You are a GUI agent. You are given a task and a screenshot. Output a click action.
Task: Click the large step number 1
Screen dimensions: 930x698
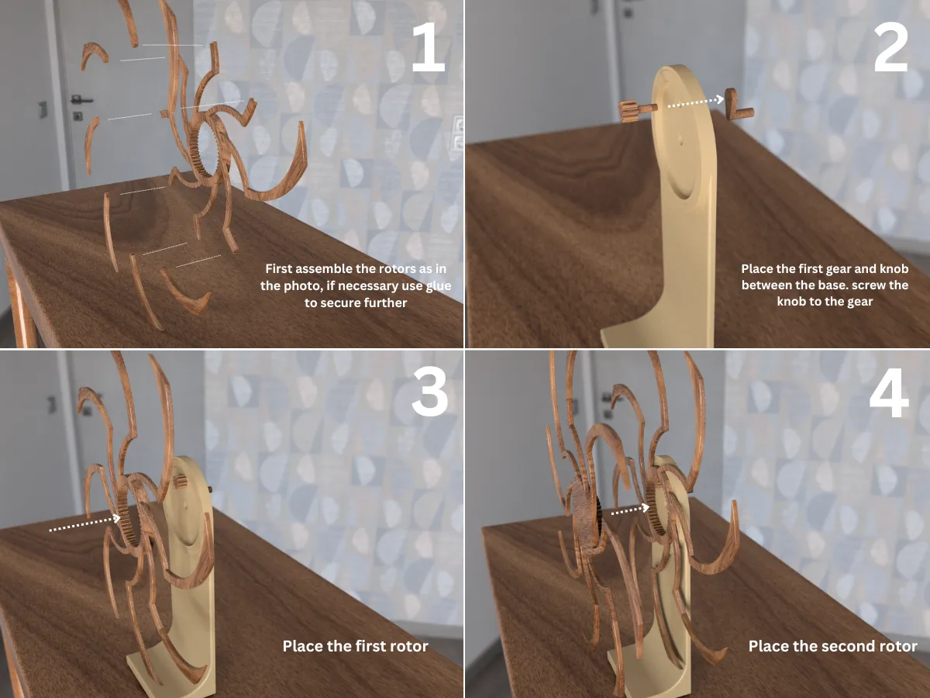(x=429, y=47)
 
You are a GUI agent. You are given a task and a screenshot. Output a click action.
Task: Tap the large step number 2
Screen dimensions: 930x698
(x=890, y=47)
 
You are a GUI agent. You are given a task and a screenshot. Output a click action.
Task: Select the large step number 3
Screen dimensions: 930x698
(x=429, y=392)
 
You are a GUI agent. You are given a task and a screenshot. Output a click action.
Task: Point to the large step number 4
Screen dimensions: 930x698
(x=889, y=392)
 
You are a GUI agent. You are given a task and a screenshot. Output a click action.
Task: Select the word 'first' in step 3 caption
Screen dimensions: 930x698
(x=370, y=646)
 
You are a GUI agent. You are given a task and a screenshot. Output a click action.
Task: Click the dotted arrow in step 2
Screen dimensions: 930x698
(x=696, y=102)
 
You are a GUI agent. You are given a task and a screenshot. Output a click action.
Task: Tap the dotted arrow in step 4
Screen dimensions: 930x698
(x=630, y=510)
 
